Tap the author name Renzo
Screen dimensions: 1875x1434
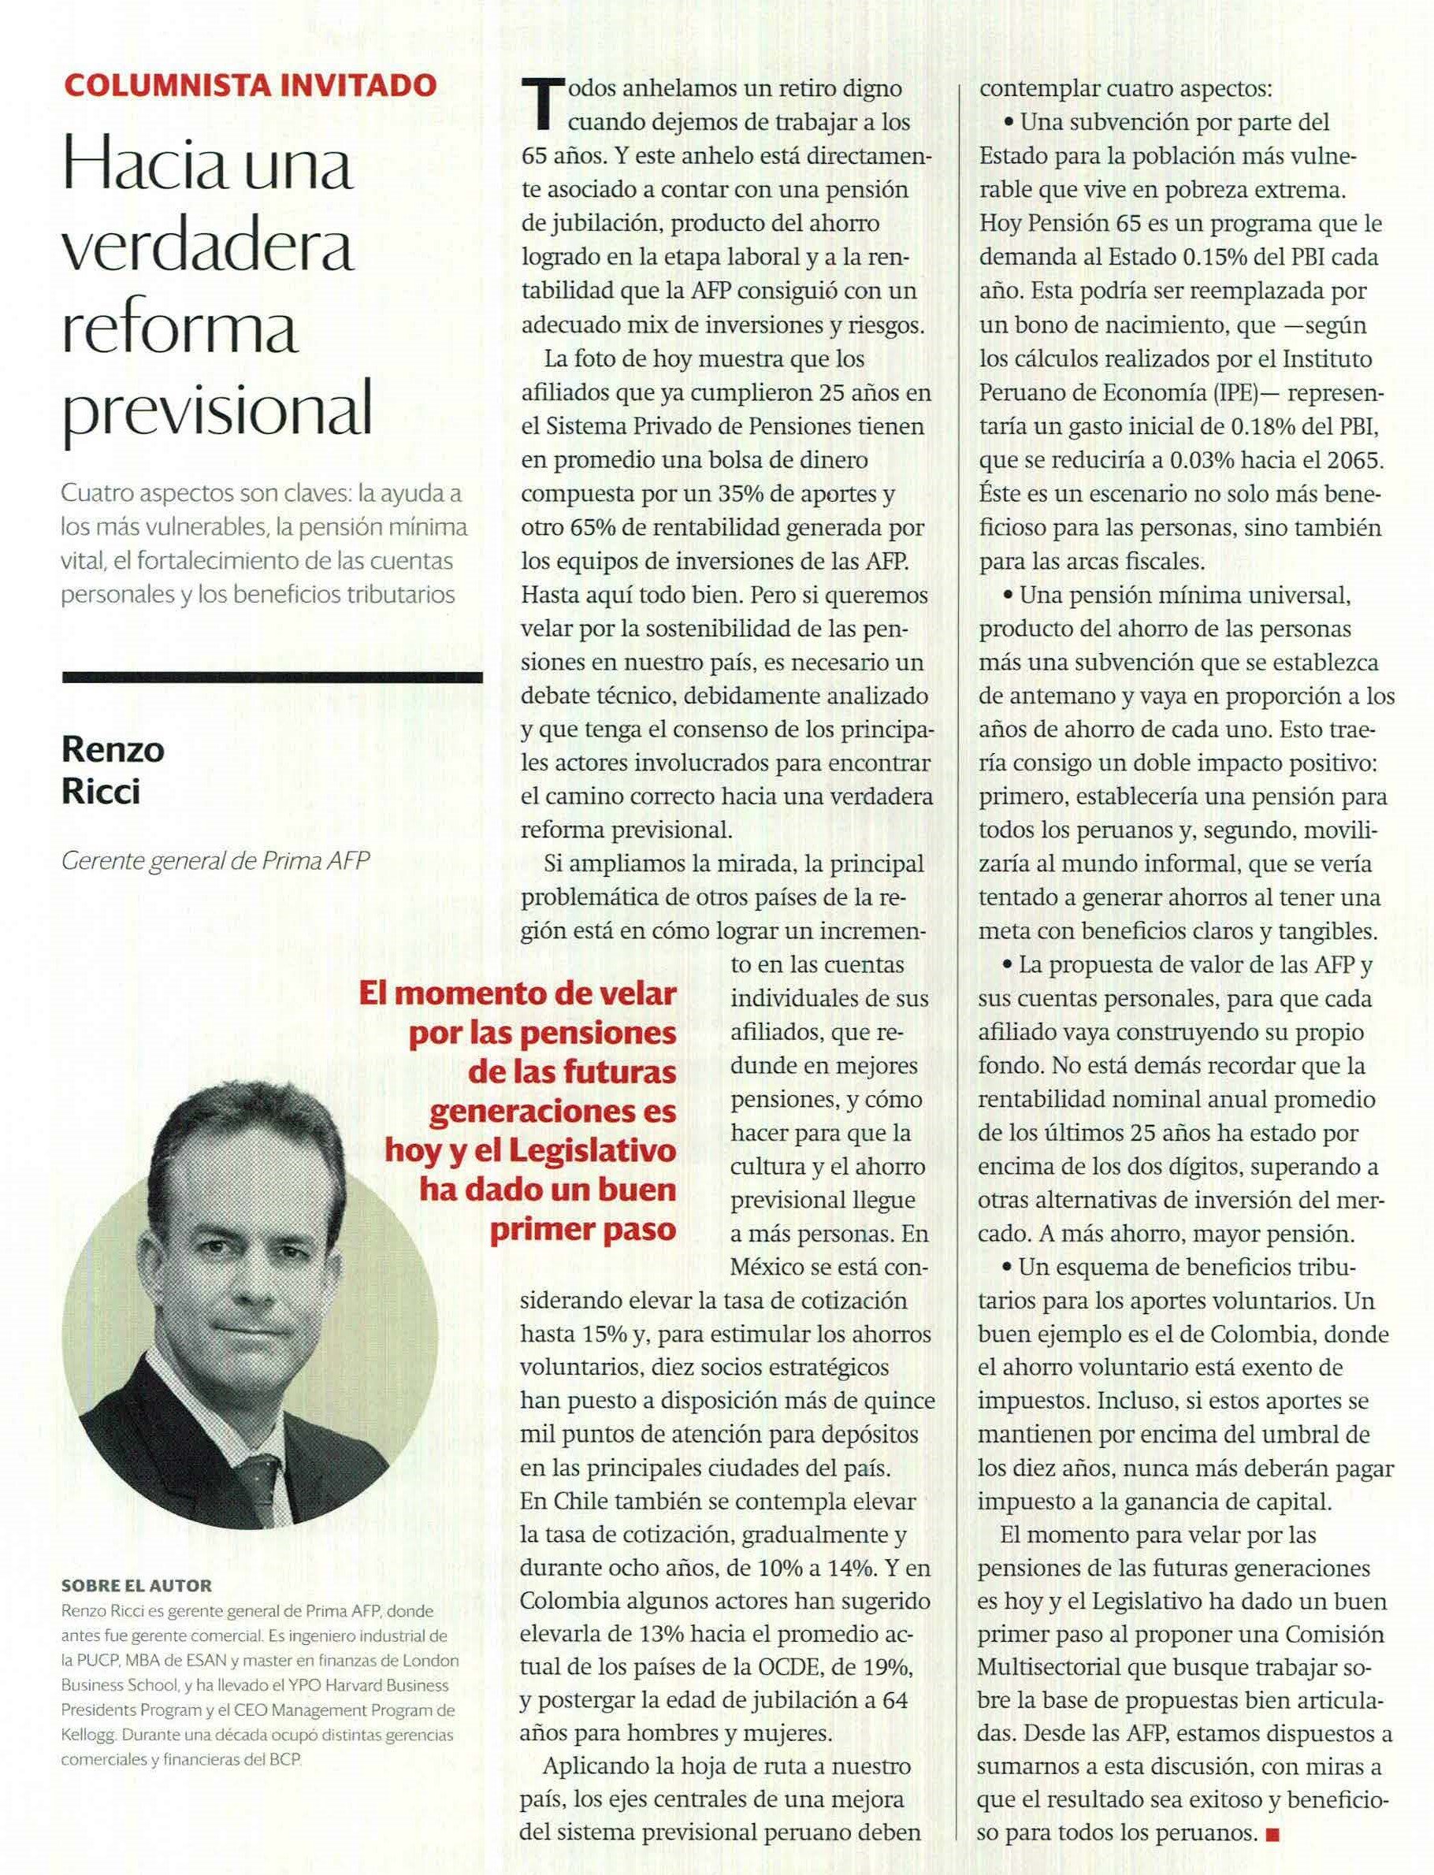(113, 750)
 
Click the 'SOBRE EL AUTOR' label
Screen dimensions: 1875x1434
(136, 1586)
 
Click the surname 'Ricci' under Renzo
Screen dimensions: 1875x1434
(100, 793)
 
